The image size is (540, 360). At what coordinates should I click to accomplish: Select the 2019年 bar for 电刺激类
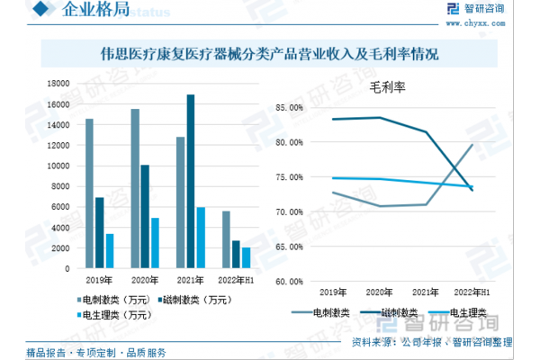point(89,193)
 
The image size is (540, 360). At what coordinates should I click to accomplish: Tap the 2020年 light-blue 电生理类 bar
point(155,243)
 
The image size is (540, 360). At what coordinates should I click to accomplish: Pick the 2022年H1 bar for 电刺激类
point(225,239)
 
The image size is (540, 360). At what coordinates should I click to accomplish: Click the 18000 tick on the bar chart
point(59,84)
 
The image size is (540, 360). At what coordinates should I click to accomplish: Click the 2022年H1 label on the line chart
point(472,292)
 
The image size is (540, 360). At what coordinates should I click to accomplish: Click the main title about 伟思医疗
point(269,55)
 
